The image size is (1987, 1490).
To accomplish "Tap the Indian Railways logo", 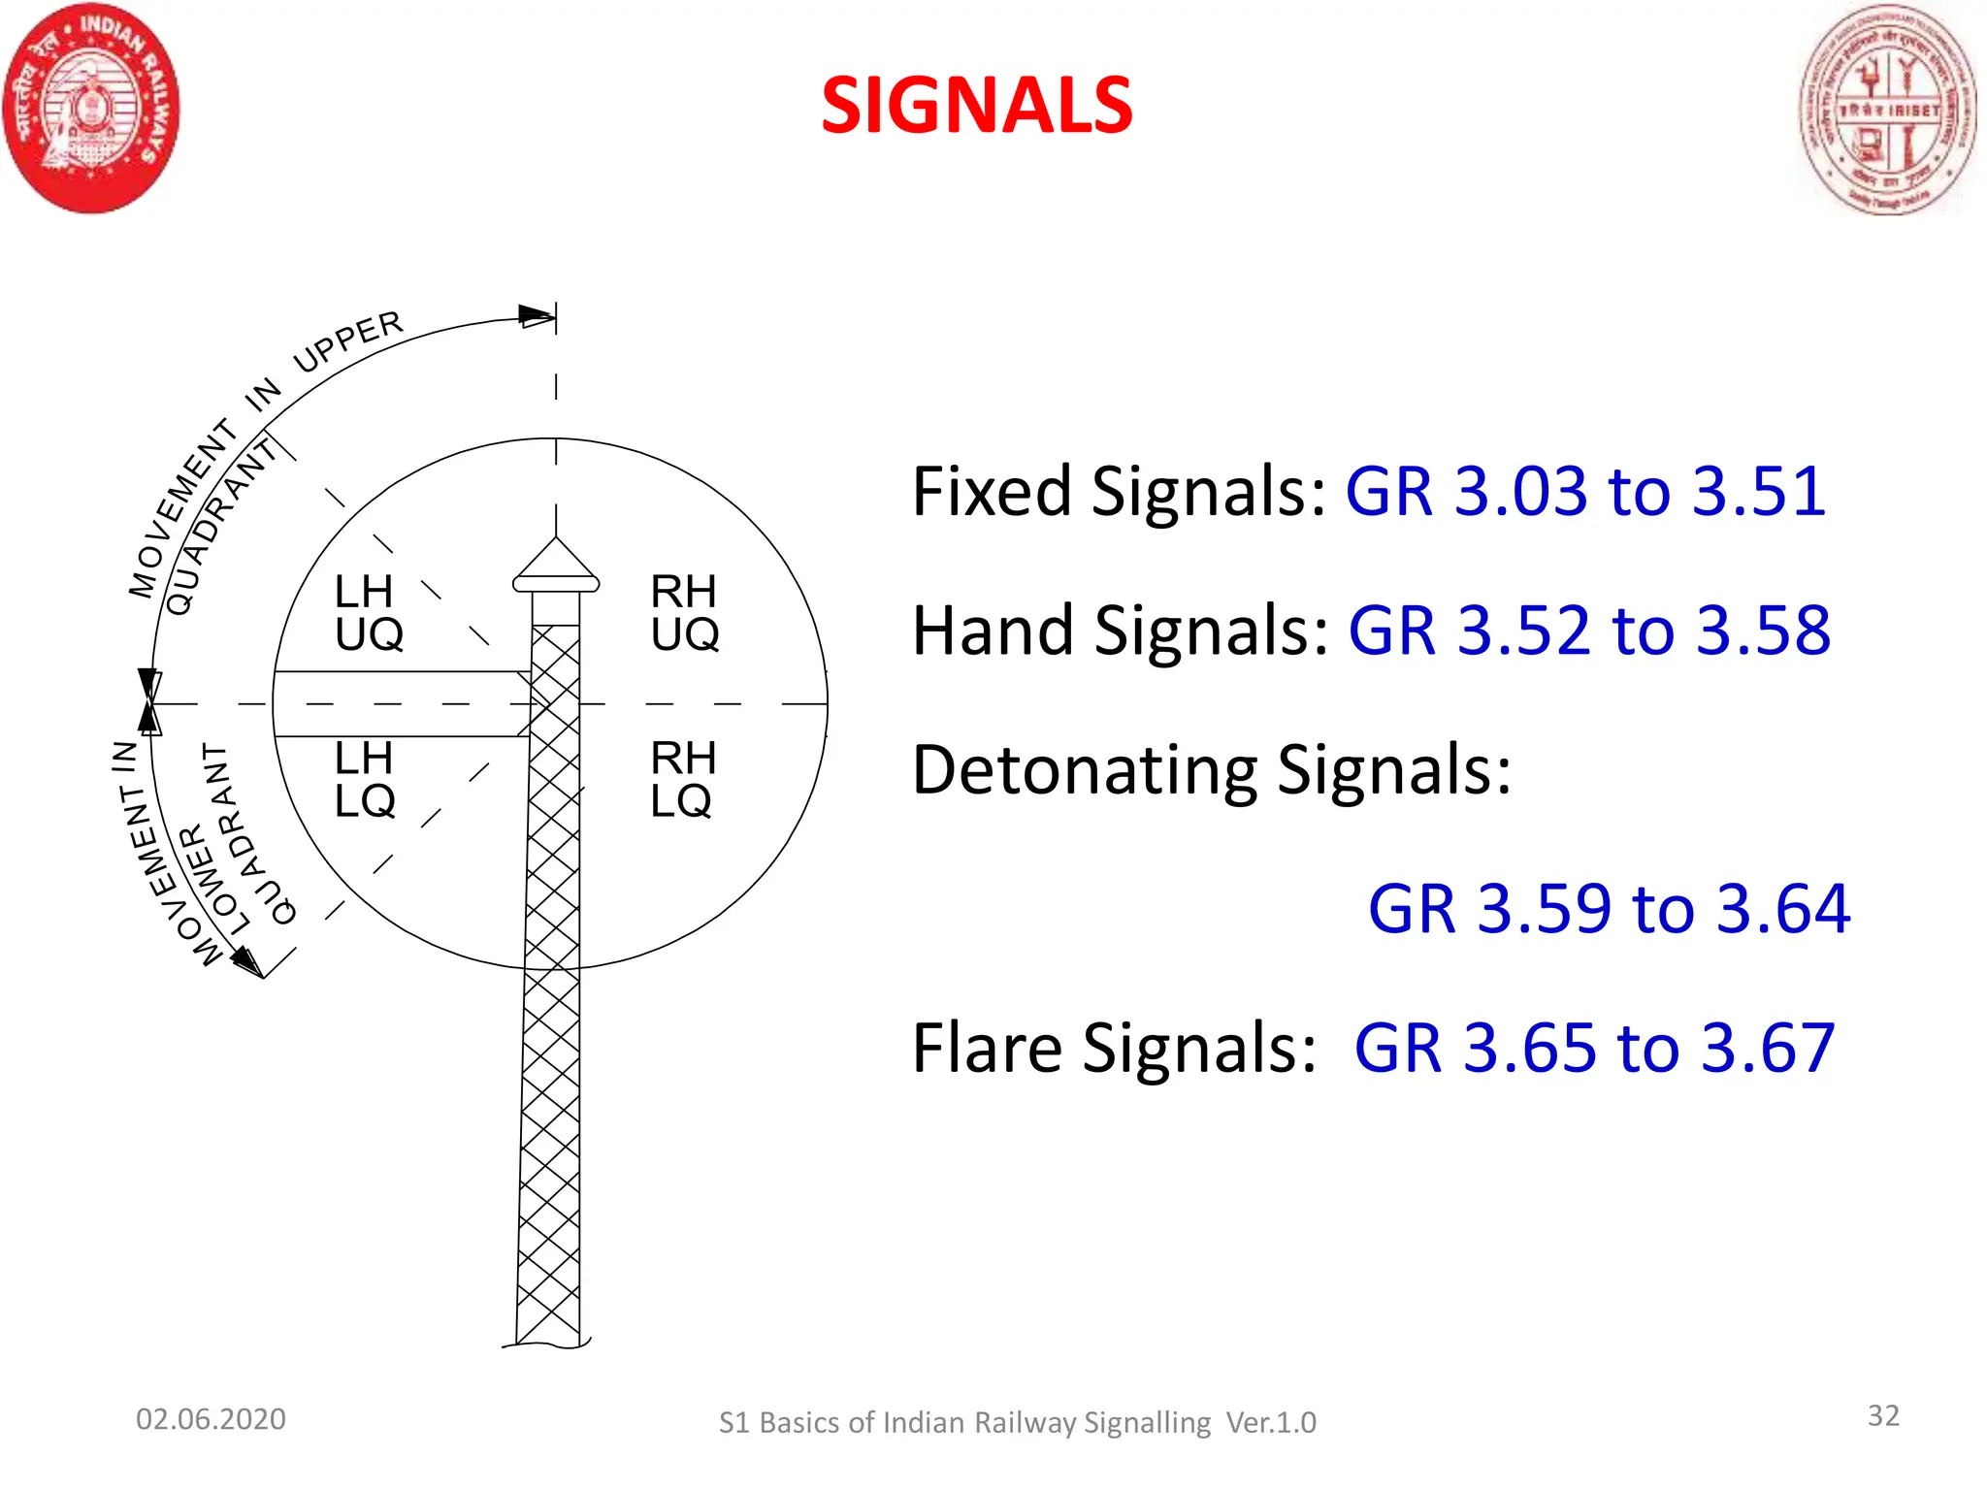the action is (x=90, y=109).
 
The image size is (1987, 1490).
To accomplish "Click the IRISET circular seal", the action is (x=1887, y=110).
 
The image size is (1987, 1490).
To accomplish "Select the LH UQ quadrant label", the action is (x=368, y=612).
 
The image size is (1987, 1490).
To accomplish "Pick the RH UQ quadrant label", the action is (x=684, y=612).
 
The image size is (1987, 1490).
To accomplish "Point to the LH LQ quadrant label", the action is (x=365, y=779).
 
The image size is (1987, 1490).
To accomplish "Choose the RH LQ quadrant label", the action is (x=682, y=779).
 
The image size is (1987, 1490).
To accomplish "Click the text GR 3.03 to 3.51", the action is (x=1585, y=491).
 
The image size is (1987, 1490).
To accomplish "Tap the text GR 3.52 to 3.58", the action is (x=1589, y=631).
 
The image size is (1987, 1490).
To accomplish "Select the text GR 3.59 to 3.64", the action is (x=1609, y=909).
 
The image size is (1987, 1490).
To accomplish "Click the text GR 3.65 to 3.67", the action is (x=1594, y=1049).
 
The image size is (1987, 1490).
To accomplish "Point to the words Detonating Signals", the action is (x=1212, y=770).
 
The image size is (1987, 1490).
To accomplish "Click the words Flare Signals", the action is (x=1114, y=1049).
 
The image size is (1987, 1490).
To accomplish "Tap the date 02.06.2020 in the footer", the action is (x=211, y=1419).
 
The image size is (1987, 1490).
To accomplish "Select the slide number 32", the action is (x=1883, y=1415).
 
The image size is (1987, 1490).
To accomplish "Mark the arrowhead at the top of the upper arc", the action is (x=537, y=315).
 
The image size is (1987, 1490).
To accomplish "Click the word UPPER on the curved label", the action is (x=347, y=340).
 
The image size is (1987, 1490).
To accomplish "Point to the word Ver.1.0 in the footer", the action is (x=1271, y=1422).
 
